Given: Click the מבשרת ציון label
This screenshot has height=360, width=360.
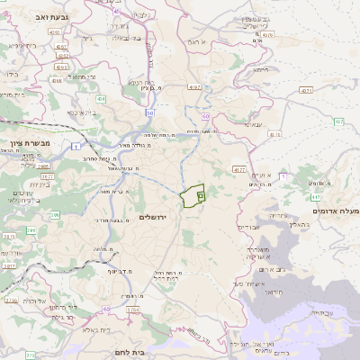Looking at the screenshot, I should click(26, 143).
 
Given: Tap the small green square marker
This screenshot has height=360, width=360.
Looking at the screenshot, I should click(201, 194).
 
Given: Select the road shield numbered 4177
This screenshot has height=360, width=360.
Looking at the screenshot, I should click(238, 169).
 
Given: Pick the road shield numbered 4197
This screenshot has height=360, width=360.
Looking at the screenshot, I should click(194, 87).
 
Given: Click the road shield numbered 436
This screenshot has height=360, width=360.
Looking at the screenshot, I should click(102, 99).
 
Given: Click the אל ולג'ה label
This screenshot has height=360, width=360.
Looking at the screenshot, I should click(36, 301).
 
